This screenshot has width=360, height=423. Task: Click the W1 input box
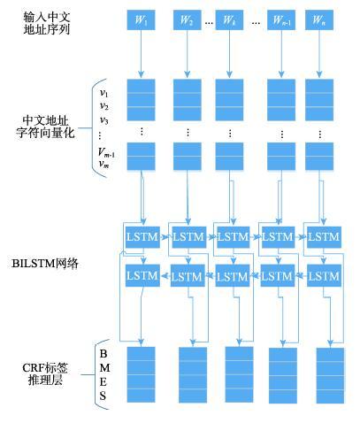[141, 20]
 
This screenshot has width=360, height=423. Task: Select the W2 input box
[188, 20]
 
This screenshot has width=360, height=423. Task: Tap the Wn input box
[319, 20]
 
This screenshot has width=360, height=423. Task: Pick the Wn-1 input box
[281, 20]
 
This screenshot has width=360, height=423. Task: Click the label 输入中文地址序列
[47, 23]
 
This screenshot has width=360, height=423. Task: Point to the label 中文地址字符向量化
[45, 127]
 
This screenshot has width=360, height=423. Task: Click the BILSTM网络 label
[45, 264]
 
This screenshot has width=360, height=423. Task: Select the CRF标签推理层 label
[45, 374]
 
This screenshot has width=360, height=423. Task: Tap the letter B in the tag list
[103, 353]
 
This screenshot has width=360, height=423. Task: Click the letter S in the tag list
[103, 396]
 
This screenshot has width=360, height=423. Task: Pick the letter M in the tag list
[104, 367]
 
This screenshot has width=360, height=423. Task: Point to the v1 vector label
[104, 93]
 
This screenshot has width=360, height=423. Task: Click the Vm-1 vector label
[106, 152]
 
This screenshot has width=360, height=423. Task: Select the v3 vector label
[104, 120]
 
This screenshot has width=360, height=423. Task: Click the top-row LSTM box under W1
[142, 237]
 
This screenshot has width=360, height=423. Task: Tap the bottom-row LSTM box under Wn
[324, 275]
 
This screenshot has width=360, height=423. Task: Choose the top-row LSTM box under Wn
[324, 237]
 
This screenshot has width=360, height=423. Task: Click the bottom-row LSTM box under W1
[142, 275]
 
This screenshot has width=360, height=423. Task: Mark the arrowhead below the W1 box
[142, 74]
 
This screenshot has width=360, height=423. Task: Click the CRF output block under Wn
[330, 375]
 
